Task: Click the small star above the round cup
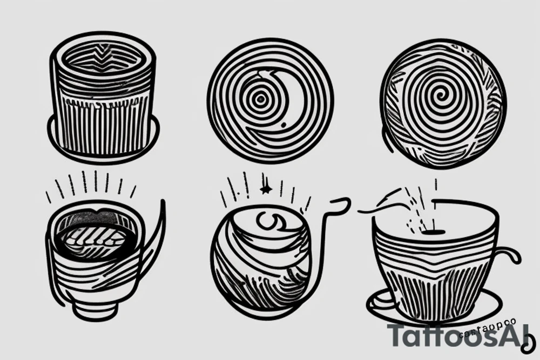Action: [x=265, y=189]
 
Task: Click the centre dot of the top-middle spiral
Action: [x=261, y=99]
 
